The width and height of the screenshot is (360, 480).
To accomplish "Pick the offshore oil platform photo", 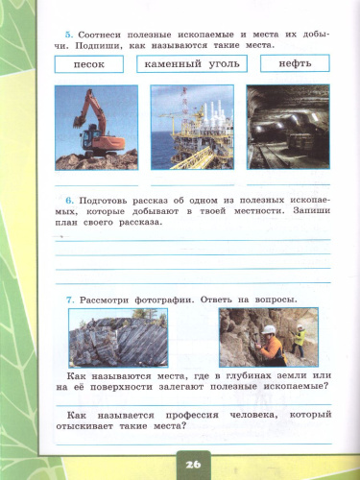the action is (x=192, y=127).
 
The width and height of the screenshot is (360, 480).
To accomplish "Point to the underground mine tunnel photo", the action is (x=288, y=127).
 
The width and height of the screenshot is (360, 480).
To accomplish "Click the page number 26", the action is (x=194, y=463).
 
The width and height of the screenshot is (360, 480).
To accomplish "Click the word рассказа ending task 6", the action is (x=141, y=221).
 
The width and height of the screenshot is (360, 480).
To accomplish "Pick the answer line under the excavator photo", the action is (x=96, y=180).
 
